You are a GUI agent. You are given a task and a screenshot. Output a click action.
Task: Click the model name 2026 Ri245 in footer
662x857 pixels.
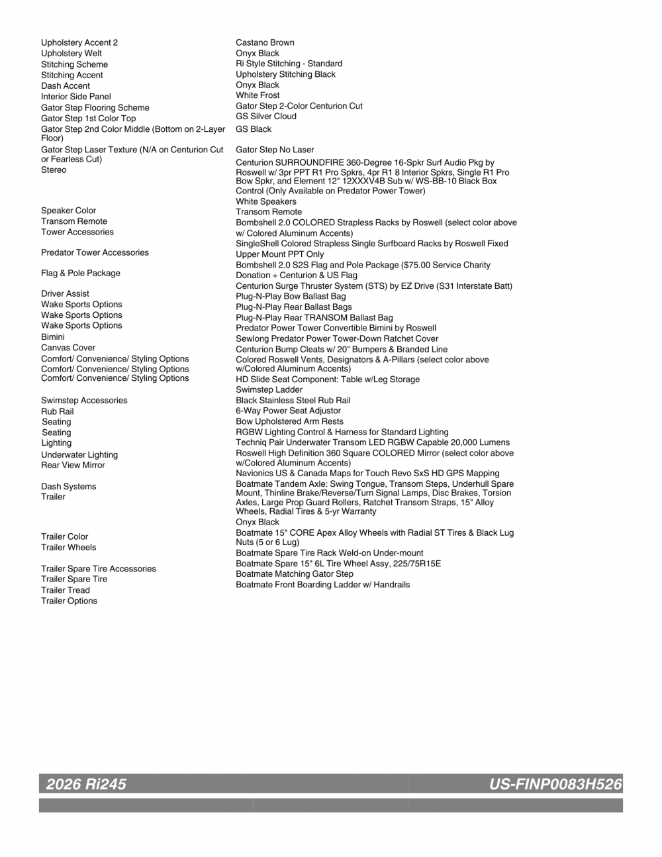click(86, 785)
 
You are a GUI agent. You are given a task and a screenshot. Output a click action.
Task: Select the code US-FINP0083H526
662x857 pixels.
click(555, 785)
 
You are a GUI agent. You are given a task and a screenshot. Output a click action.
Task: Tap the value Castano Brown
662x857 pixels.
click(265, 42)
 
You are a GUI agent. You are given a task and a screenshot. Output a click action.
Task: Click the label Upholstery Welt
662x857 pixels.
click(71, 54)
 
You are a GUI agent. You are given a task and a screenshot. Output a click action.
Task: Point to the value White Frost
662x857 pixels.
click(258, 95)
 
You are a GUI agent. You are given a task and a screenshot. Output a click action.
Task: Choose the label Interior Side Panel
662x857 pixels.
click(76, 97)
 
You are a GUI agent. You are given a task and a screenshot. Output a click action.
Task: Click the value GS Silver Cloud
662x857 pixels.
click(266, 117)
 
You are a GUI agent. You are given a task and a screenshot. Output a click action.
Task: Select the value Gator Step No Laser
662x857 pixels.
click(275, 150)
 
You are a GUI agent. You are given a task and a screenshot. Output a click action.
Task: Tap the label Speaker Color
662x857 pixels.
click(68, 211)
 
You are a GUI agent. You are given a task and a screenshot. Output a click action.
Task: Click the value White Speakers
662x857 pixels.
click(266, 202)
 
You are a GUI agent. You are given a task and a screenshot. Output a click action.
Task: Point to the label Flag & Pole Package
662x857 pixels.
click(81, 274)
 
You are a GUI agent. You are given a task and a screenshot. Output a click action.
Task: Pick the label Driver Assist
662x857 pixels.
click(65, 294)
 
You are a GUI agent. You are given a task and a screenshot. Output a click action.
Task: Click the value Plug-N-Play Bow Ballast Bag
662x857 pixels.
click(291, 297)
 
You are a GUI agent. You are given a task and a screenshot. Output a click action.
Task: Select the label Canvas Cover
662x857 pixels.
click(68, 348)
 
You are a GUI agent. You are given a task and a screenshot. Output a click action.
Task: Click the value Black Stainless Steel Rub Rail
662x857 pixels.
click(293, 401)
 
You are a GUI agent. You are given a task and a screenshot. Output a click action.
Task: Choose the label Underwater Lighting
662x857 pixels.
click(79, 455)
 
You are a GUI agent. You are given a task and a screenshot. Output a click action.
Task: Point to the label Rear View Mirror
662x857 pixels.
click(73, 466)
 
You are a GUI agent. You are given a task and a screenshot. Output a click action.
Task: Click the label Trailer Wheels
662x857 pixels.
click(68, 548)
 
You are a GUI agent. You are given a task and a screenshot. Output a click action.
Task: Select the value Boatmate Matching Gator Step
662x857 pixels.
click(295, 574)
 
